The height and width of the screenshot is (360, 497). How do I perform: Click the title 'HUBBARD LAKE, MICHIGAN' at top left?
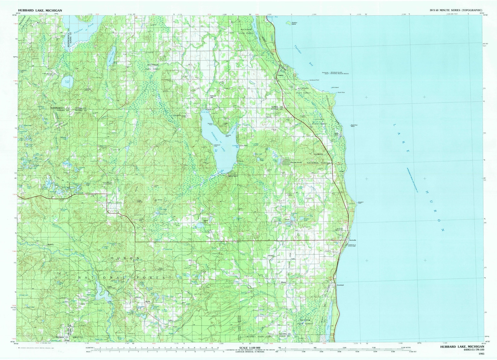tap(40, 11)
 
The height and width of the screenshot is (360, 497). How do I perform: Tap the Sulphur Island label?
tap(294, 23)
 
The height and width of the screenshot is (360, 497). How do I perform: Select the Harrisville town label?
tap(353, 240)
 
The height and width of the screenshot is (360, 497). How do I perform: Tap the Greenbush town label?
tap(340, 285)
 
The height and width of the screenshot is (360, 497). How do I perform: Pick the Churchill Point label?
tap(228, 136)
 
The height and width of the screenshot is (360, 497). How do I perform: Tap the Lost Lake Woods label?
tap(296, 163)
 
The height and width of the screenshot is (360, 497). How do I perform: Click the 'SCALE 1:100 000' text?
tap(249, 348)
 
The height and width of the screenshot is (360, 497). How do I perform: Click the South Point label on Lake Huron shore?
tap(341, 92)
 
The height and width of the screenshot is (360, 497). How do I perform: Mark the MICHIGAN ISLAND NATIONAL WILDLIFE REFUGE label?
tap(340, 73)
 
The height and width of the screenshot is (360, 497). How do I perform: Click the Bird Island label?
tap(335, 87)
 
